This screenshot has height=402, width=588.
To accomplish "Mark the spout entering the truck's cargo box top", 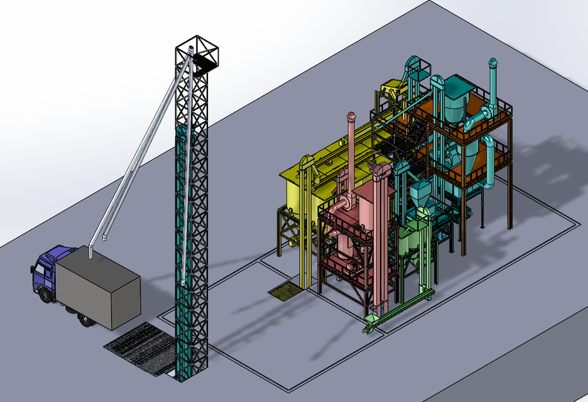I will pos(90,251).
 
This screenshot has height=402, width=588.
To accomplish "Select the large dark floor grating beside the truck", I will pos(141,349).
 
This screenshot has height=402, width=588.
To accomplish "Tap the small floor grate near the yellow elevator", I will pos(285,290).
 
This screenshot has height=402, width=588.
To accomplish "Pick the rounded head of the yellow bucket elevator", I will pos(307,163).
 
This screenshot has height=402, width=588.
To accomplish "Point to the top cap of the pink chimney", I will pos(351,117).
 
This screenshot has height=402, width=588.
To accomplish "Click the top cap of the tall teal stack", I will pos(493,63).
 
